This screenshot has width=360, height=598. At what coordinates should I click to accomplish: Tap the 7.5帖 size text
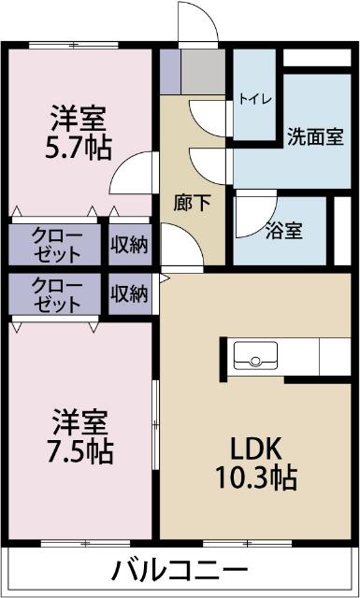click(x=79, y=450)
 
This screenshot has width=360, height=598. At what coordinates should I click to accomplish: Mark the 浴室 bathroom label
click(x=283, y=230)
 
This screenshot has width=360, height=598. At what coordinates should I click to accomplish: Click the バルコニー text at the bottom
click(x=180, y=570)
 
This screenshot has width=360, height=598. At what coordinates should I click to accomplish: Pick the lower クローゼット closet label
click(x=56, y=294)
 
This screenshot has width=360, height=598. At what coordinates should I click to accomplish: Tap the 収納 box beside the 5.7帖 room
click(x=129, y=244)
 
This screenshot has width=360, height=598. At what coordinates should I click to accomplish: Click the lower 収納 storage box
click(x=129, y=294)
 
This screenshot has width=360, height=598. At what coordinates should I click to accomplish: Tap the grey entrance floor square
click(x=203, y=70)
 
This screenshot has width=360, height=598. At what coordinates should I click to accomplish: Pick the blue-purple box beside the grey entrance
click(x=169, y=70)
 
